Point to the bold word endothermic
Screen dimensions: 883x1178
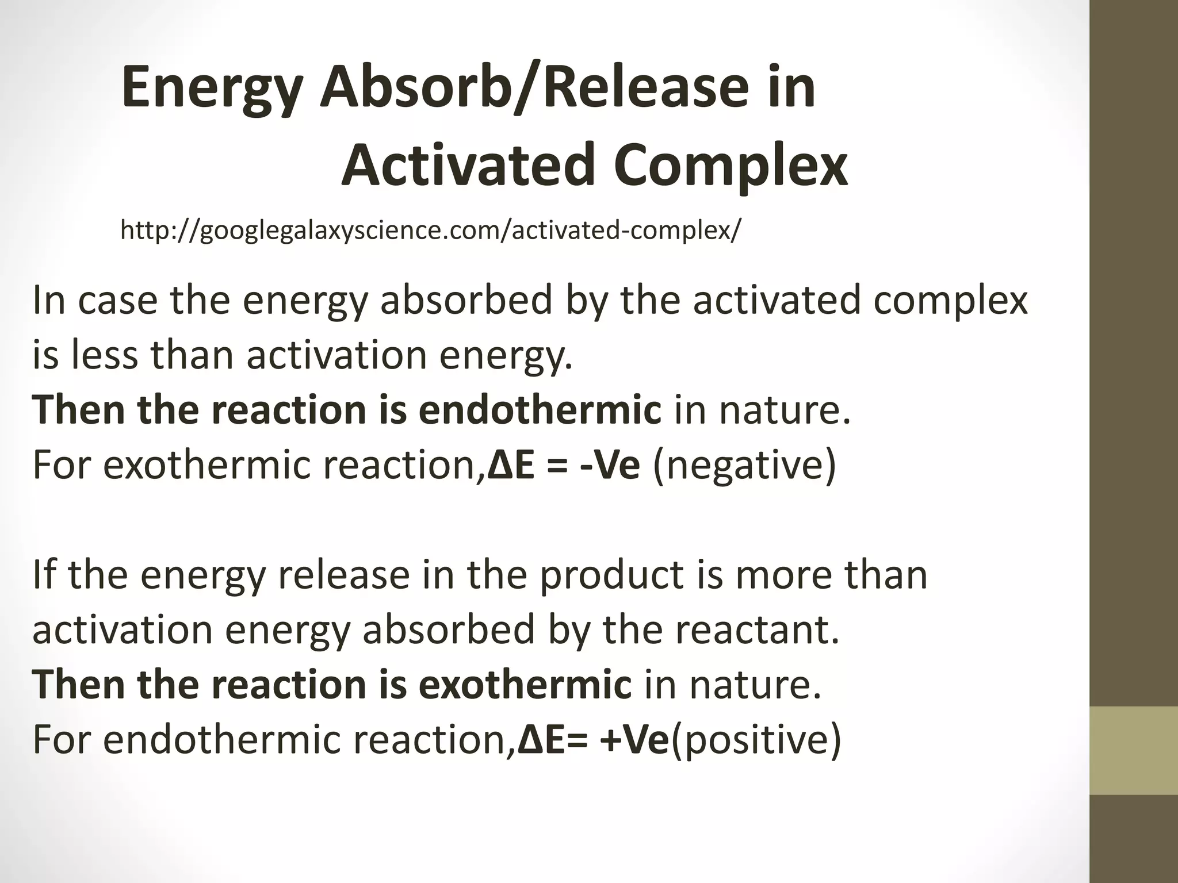click(540, 410)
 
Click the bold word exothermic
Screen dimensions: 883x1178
click(525, 685)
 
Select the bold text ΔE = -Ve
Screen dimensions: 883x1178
click(563, 465)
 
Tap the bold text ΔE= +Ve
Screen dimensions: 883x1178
click(594, 740)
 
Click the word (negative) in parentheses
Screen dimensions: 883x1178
click(744, 465)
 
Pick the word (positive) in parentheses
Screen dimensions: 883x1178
click(756, 740)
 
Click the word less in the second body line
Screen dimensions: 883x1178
click(104, 355)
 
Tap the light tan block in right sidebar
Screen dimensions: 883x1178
click(1134, 750)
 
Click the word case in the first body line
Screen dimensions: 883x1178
click(118, 301)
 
